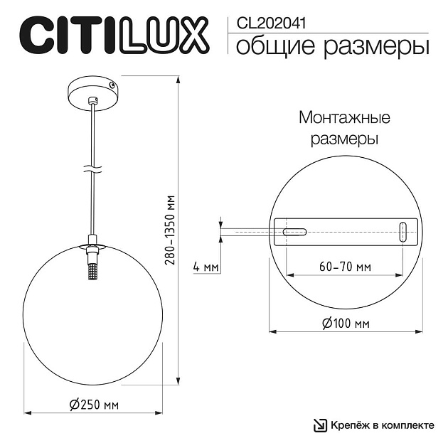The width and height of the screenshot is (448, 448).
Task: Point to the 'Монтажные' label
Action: click(x=344, y=118)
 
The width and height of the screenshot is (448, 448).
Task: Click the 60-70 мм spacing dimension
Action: click(x=345, y=267)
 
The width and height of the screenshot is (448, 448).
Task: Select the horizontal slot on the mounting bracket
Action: click(x=294, y=232)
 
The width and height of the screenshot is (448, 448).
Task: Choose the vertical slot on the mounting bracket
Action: click(x=403, y=233)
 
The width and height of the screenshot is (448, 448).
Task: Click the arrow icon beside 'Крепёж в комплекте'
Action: click(x=320, y=425)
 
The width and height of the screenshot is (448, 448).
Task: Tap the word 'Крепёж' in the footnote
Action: click(x=348, y=425)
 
